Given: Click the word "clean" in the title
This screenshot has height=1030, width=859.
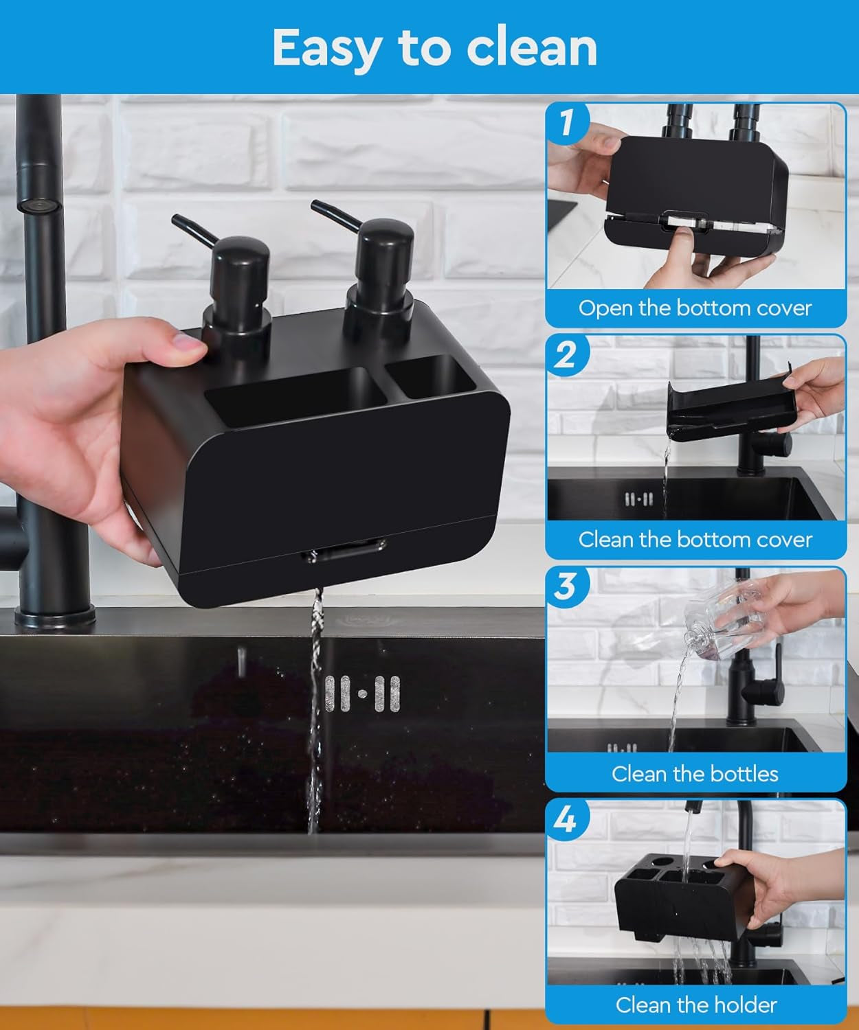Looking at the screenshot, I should point(531,47).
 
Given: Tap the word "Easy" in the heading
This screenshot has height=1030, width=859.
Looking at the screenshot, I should point(326,49).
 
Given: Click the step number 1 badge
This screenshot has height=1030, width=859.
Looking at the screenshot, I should point(566,123).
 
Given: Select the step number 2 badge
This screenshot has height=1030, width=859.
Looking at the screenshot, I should point(566,355).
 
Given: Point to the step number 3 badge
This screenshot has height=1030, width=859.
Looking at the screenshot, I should point(566,587).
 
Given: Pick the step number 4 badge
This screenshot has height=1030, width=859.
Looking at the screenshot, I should point(566,819).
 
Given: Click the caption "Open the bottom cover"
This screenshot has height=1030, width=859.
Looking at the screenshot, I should point(695,308).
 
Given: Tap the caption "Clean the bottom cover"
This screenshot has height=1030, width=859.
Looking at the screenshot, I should point(695,540).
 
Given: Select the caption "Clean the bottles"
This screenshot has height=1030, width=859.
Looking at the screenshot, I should point(695,774).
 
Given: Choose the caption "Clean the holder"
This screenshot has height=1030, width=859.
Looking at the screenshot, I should point(695,1005).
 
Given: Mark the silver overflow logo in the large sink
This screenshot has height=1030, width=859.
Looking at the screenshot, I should point(362,694).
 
